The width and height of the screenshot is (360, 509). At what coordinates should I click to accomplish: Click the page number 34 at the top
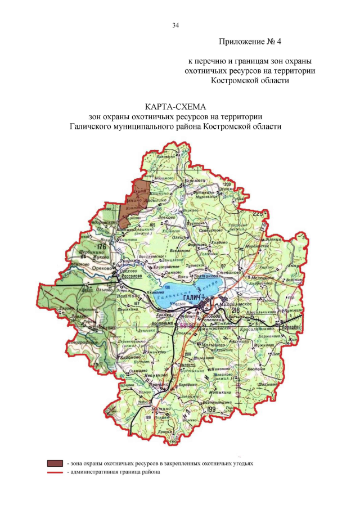pyautogui.click(x=175, y=25)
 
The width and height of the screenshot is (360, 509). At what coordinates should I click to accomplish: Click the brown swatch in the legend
pyautogui.click(x=55, y=463)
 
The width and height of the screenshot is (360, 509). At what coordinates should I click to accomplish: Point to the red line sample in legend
pyautogui.click(x=55, y=472)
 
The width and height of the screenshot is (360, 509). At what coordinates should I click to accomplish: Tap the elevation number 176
pyautogui.click(x=101, y=247)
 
